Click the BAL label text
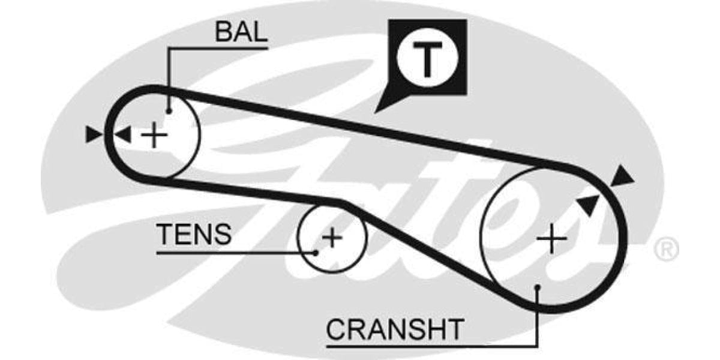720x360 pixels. tap(241, 32)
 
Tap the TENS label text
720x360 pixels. tap(193, 235)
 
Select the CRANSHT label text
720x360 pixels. tap(395, 329)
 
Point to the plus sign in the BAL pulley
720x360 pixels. tap(154, 135)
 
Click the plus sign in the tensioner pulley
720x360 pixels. tap(331, 238)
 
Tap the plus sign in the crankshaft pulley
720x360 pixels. tap(551, 240)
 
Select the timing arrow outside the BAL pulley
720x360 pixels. tap(93, 135)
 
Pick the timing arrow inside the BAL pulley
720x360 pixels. tap(123, 135)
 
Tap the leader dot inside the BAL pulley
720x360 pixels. tap(169, 110)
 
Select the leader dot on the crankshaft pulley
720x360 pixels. tap(538, 287)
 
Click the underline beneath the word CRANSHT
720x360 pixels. tap(420, 346)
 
